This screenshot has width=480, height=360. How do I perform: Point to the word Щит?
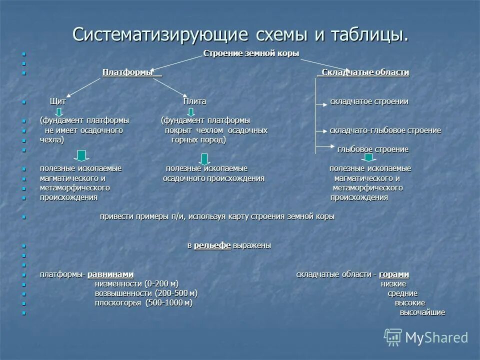pos(57,101)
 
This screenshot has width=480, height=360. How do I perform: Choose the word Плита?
pos(194,101)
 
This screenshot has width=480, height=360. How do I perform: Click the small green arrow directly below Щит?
pos(59,111)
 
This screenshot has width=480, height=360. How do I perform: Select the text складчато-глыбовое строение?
pos(385,130)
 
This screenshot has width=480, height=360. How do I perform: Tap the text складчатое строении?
pos(369,101)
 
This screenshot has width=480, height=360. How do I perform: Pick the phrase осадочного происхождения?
pos(213,178)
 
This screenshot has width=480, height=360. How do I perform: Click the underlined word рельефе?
pos(212,245)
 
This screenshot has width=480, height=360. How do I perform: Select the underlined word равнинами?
pos(110,274)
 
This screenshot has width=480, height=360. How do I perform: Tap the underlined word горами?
pos(394,274)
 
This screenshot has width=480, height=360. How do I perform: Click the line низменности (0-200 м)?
pos(136,284)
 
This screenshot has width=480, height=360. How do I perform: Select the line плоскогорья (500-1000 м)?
pos(143,303)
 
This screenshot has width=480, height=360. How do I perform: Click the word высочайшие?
pos(422,312)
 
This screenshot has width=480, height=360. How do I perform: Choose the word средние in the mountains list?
pos(402,293)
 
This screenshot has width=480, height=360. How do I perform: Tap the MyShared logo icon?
pos(393,337)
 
